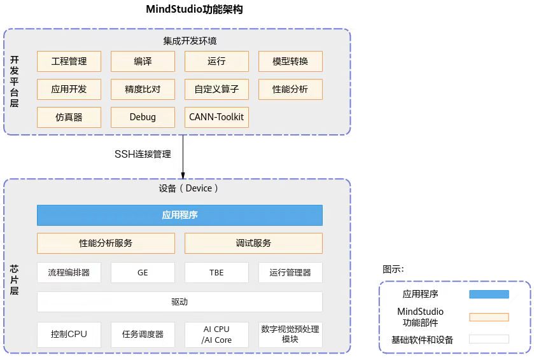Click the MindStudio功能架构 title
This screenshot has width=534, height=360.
[x=194, y=10]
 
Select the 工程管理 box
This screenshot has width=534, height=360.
[x=69, y=62]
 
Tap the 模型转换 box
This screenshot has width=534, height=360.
[x=290, y=62]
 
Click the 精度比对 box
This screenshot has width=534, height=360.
[x=143, y=90]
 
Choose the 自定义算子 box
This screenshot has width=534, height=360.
[x=216, y=90]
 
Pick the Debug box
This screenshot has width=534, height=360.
[x=143, y=118]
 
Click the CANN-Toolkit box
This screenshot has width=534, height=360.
[x=216, y=118]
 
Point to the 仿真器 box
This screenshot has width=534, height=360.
[x=69, y=118]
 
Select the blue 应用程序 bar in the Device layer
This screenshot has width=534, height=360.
[x=179, y=215]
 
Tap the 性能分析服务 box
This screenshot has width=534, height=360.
[x=106, y=243]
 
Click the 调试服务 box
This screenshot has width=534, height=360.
[x=253, y=243]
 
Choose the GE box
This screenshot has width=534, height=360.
[x=143, y=272]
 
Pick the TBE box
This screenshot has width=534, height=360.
[x=216, y=272]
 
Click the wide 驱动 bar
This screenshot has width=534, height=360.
[x=179, y=301]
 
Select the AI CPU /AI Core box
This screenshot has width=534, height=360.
[x=216, y=335]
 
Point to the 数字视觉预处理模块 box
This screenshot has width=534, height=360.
[x=290, y=335]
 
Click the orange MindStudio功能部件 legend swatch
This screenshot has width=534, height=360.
[x=489, y=317]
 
